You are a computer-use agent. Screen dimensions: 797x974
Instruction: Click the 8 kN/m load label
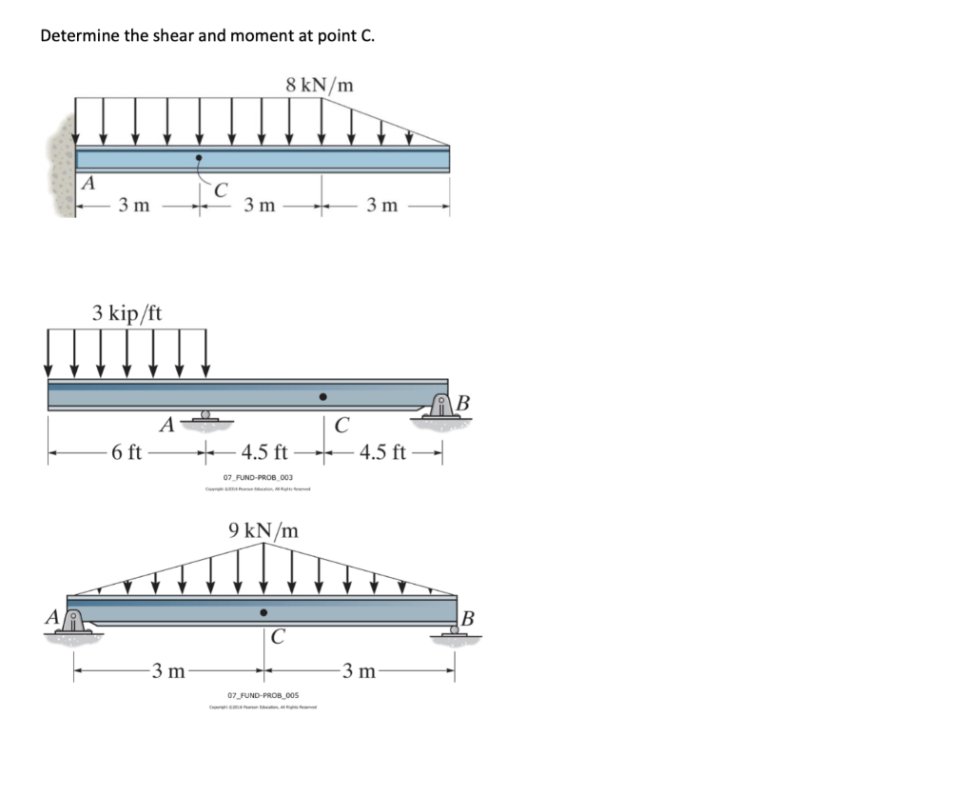pos(320,85)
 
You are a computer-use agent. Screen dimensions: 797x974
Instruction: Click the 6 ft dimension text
pos(127,451)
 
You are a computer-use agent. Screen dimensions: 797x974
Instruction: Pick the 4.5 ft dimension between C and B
pos(384,451)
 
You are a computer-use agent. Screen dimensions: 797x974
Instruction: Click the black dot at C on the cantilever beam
pos(198,158)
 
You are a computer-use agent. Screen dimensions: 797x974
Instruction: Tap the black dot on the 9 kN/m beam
pos(264,611)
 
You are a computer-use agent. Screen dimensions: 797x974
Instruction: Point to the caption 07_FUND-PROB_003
pos(258,477)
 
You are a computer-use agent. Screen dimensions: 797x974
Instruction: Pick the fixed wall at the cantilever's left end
pos(62,167)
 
